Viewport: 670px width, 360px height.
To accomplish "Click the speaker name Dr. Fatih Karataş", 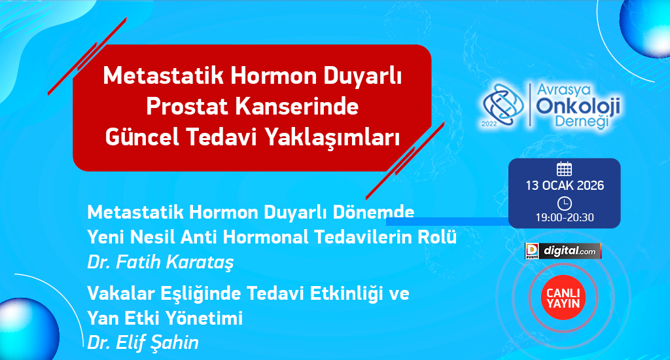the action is (161, 262).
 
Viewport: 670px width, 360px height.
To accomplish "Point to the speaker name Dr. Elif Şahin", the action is (143, 342).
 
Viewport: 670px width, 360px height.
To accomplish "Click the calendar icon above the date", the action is (564, 169).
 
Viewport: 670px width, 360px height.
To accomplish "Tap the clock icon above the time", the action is (565, 203).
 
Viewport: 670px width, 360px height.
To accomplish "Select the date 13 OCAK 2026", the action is (565, 185).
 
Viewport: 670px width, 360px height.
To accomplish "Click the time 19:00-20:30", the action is (565, 217).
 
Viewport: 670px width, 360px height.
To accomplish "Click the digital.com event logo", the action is (563, 251).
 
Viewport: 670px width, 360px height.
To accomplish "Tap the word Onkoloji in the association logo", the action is (578, 106).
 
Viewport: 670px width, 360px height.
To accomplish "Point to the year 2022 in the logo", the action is (489, 124).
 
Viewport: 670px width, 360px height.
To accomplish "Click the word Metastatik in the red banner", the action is (163, 76).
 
